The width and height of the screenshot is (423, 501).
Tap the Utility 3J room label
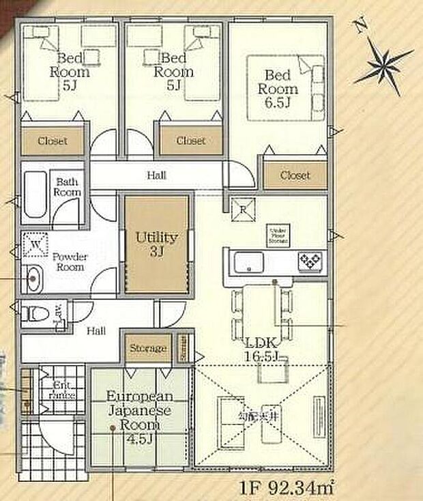[x=156, y=244]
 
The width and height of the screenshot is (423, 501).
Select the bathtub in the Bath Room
[x=35, y=194]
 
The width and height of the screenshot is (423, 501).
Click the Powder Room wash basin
[x=33, y=277]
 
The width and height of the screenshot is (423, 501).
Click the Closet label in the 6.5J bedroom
[x=295, y=175]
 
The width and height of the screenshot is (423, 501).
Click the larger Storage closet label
[x=147, y=348]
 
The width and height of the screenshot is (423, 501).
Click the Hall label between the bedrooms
[x=156, y=175]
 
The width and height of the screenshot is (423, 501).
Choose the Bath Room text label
[x=68, y=187]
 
